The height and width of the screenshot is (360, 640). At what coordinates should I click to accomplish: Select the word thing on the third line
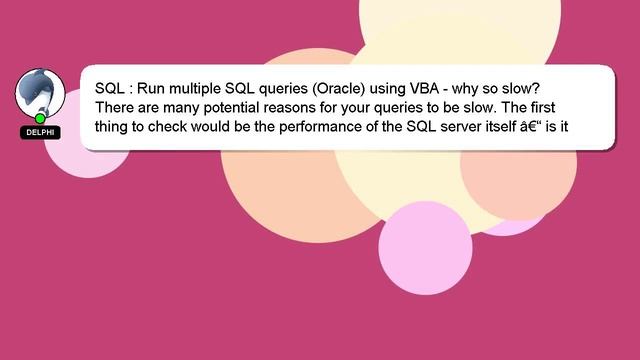tap(112, 127)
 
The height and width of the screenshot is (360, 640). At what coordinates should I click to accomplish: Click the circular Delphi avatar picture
tap(40, 93)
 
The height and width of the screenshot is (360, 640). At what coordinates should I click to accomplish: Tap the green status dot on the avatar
tap(40, 119)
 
